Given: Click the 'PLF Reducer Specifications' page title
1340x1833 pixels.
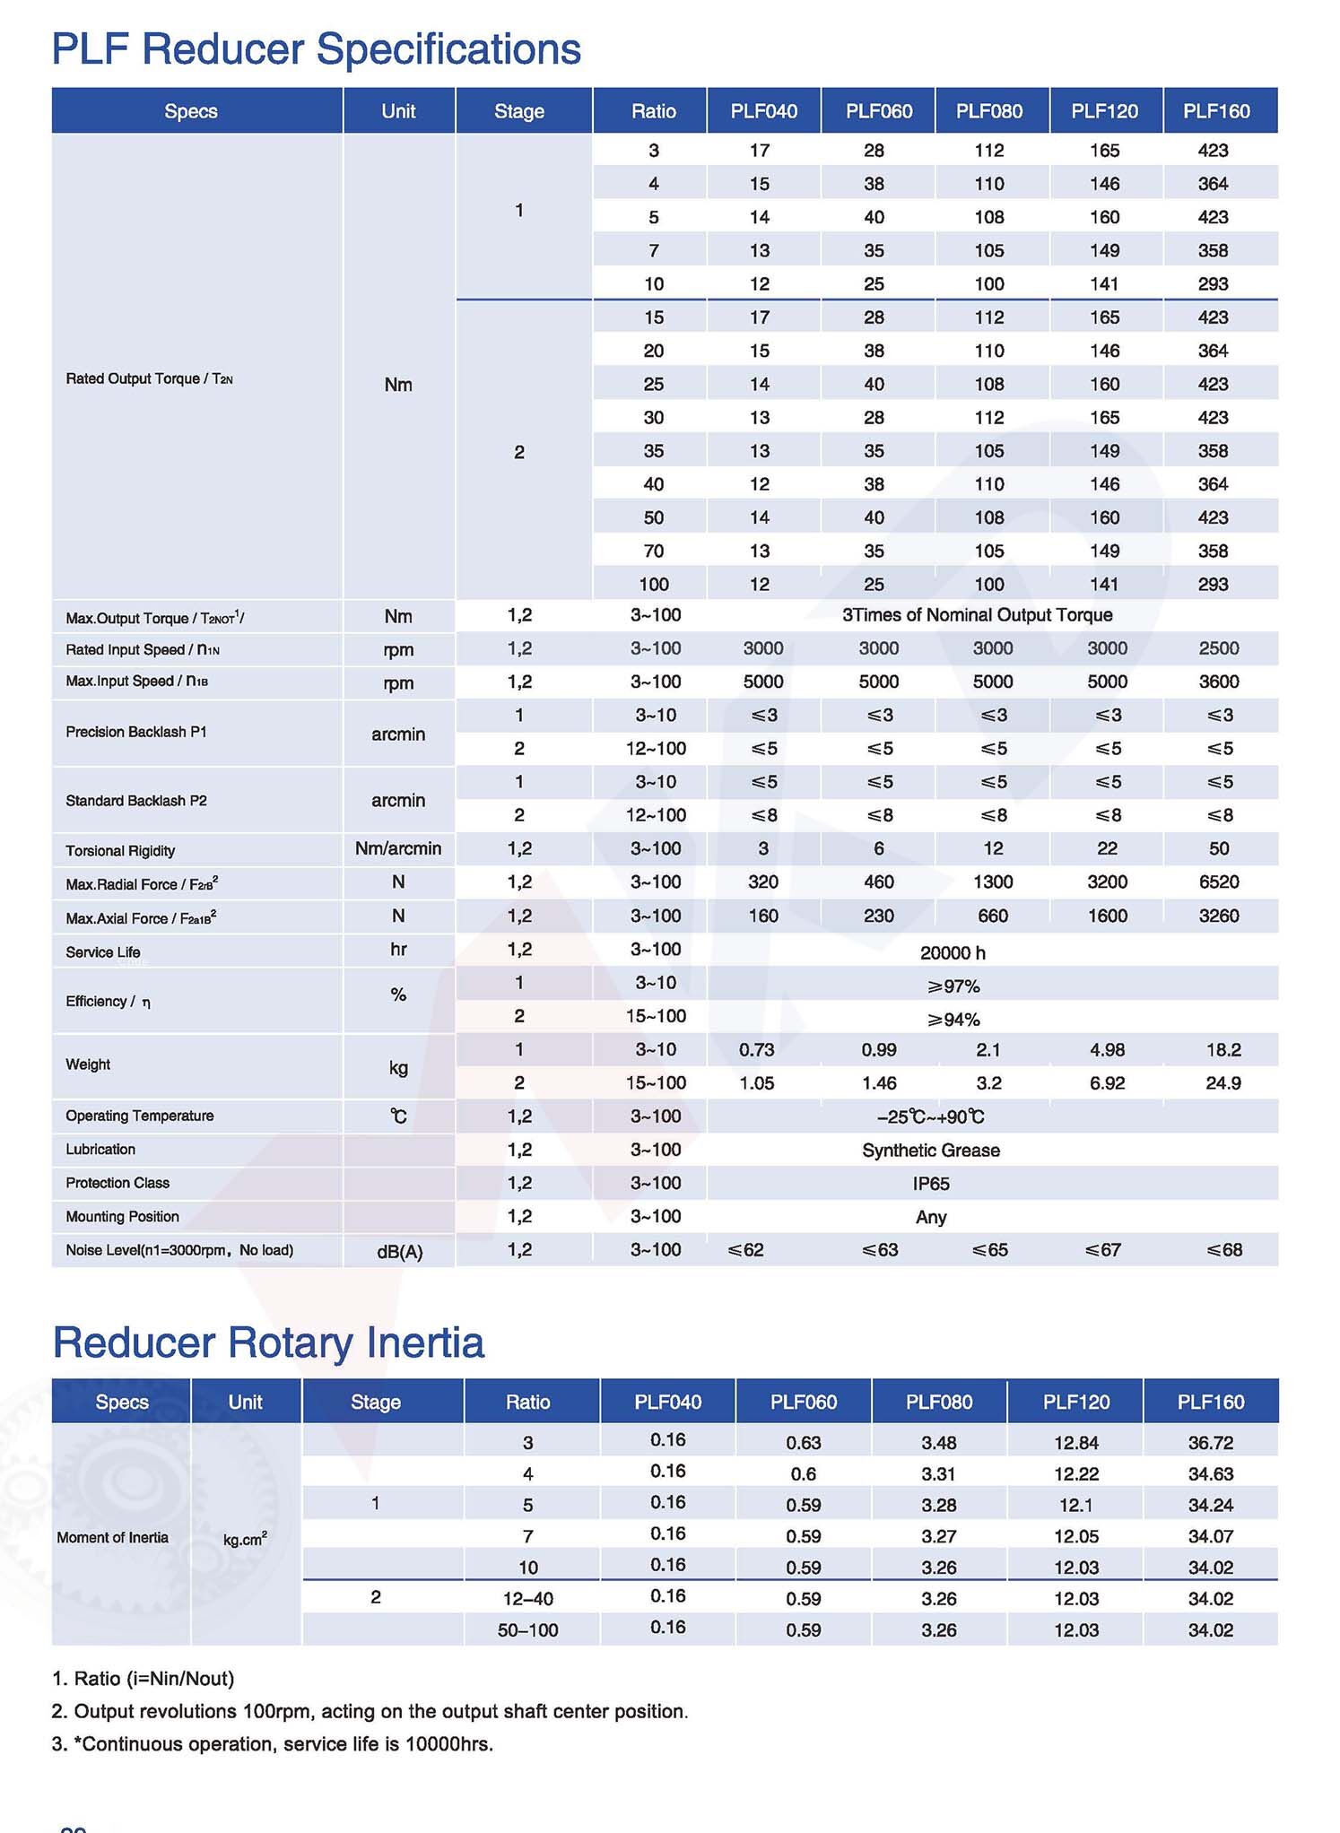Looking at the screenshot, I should click(316, 50).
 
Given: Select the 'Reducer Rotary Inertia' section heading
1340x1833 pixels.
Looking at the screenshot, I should click(268, 1342).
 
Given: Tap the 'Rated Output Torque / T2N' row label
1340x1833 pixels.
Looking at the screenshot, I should click(149, 378).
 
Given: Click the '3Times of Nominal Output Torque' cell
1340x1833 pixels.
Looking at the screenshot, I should click(977, 615).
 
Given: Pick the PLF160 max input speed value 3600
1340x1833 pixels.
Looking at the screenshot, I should click(1218, 682).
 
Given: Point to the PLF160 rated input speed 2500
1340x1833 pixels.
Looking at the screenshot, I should click(1218, 648).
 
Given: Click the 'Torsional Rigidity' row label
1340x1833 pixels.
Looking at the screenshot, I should click(120, 850).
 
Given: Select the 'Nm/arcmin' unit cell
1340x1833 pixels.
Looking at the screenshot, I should click(398, 848).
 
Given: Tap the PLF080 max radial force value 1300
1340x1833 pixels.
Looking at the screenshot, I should click(992, 882).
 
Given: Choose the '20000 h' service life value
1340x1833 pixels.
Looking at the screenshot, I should click(952, 952).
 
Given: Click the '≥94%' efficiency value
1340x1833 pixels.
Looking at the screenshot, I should click(953, 1020).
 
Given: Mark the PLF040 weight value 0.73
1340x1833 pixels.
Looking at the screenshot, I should click(756, 1049).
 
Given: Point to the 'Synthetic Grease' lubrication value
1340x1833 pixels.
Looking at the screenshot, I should click(930, 1151).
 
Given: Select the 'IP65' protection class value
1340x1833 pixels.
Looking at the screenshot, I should click(930, 1184).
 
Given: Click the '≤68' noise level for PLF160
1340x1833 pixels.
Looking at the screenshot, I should click(1223, 1250).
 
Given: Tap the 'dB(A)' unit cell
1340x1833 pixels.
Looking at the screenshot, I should click(399, 1252).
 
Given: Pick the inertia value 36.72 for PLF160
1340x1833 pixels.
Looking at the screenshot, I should click(1210, 1443).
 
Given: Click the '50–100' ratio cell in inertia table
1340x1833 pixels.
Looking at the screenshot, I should click(527, 1630).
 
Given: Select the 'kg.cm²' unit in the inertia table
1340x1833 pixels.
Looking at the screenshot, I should click(245, 1539).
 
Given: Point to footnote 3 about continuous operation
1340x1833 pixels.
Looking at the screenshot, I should click(273, 1744).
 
